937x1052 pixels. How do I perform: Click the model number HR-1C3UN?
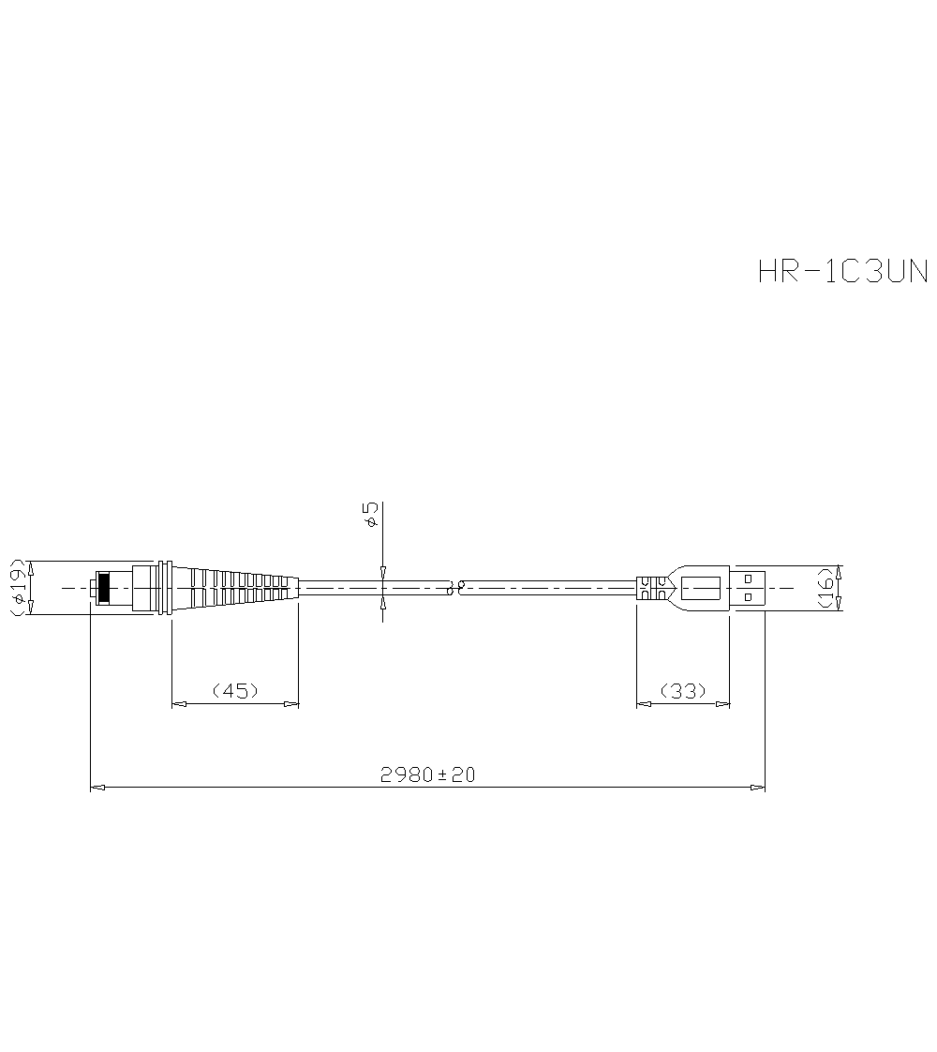tap(842, 271)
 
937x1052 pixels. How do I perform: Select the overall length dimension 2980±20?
tap(427, 774)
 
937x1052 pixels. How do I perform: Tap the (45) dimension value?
tap(235, 691)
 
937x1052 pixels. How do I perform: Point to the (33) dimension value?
tap(683, 691)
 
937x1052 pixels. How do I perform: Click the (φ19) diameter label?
tap(18, 588)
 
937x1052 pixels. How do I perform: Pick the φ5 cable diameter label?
tap(371, 514)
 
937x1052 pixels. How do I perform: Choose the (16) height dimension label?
tap(825, 588)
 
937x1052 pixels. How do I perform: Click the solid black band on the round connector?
tap(103, 588)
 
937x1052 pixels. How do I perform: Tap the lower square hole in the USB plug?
tap(748, 596)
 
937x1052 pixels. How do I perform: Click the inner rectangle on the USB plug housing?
tap(699, 588)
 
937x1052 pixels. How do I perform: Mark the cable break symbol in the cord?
tap(456, 588)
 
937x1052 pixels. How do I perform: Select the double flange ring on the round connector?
tap(165, 588)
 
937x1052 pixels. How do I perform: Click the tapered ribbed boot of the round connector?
tap(234, 588)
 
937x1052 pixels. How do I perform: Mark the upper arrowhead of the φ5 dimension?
tap(382, 570)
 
